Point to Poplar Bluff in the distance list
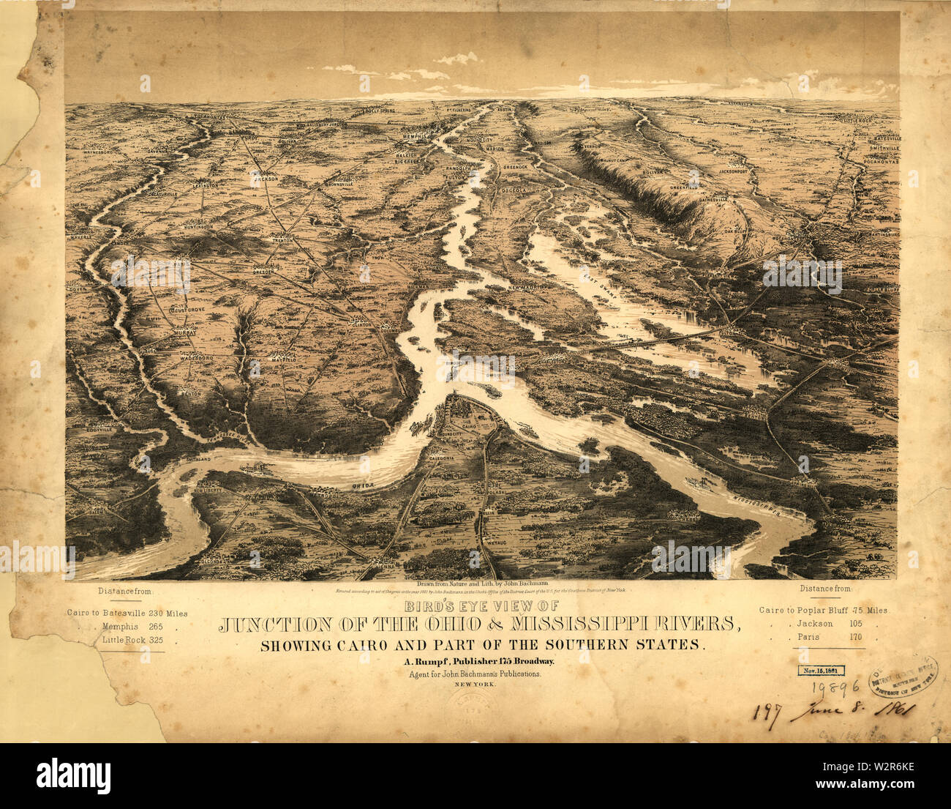point(832,610)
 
